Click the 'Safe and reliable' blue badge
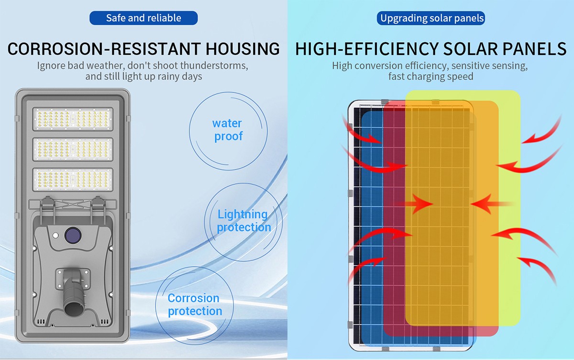click(143, 18)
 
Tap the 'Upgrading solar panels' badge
click(431, 18)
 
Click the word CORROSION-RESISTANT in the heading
click(104, 49)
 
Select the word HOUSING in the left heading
click(243, 49)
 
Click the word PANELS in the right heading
click(534, 49)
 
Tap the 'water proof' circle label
click(228, 130)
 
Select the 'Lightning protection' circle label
click(243, 221)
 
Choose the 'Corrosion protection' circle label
click(195, 304)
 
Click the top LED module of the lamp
click(73, 119)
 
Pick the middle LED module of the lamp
click(73, 149)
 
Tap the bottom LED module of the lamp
click(73, 180)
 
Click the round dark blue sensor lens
click(73, 235)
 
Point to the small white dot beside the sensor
click(55, 235)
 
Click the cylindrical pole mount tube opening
click(72, 308)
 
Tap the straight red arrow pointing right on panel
click(415, 204)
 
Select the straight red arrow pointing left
click(493, 204)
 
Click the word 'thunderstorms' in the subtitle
click(214, 66)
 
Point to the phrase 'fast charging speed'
click(431, 77)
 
